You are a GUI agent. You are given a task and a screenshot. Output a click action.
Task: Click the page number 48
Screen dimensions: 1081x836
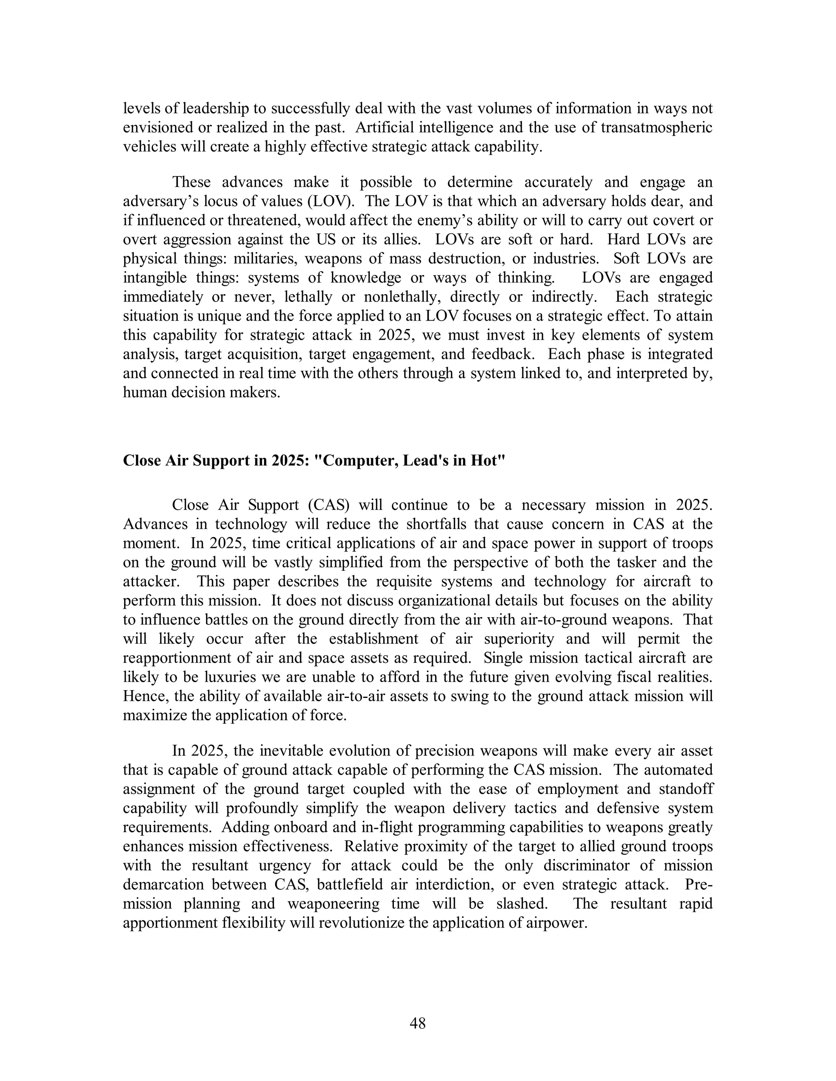418,1023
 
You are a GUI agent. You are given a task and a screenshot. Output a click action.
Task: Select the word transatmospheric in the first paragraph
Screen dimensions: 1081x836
657,128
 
